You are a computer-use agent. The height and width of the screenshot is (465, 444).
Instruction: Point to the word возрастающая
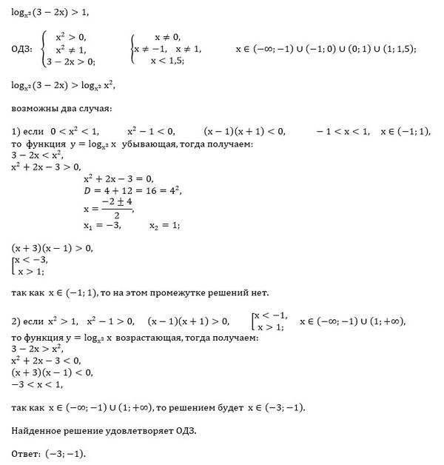(156, 338)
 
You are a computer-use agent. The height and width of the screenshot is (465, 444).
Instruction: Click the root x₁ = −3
(102, 225)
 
